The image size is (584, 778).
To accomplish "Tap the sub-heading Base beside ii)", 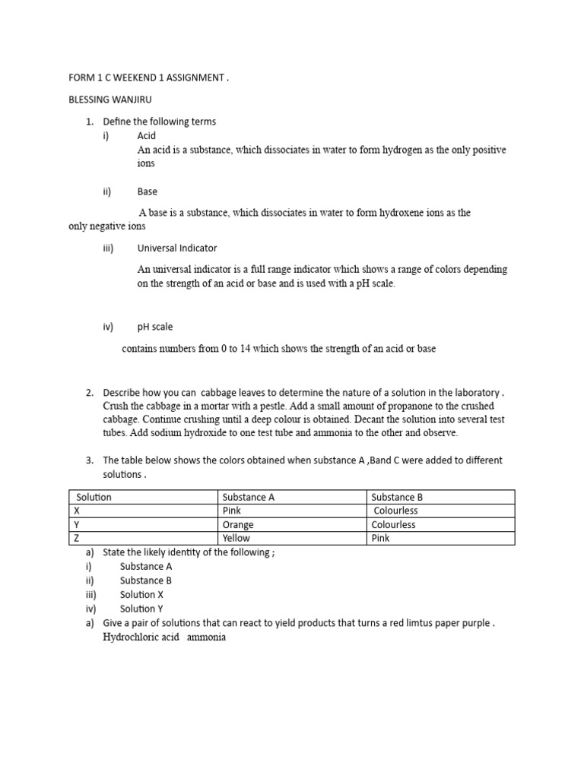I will tap(148, 191).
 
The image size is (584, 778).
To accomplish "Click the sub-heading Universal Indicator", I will tap(177, 248).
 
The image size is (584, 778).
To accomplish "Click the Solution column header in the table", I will tap(94, 497).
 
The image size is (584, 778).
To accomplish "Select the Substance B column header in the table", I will tap(397, 497).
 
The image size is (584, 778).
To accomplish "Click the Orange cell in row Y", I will tap(238, 525).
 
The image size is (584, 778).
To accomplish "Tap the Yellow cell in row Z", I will tap(236, 538).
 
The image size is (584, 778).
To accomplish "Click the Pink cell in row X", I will tap(232, 511).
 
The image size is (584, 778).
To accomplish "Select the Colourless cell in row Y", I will tap(394, 525).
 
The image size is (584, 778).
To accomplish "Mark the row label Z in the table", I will tap(76, 538).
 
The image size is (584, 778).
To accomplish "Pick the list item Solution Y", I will tap(141, 609).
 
